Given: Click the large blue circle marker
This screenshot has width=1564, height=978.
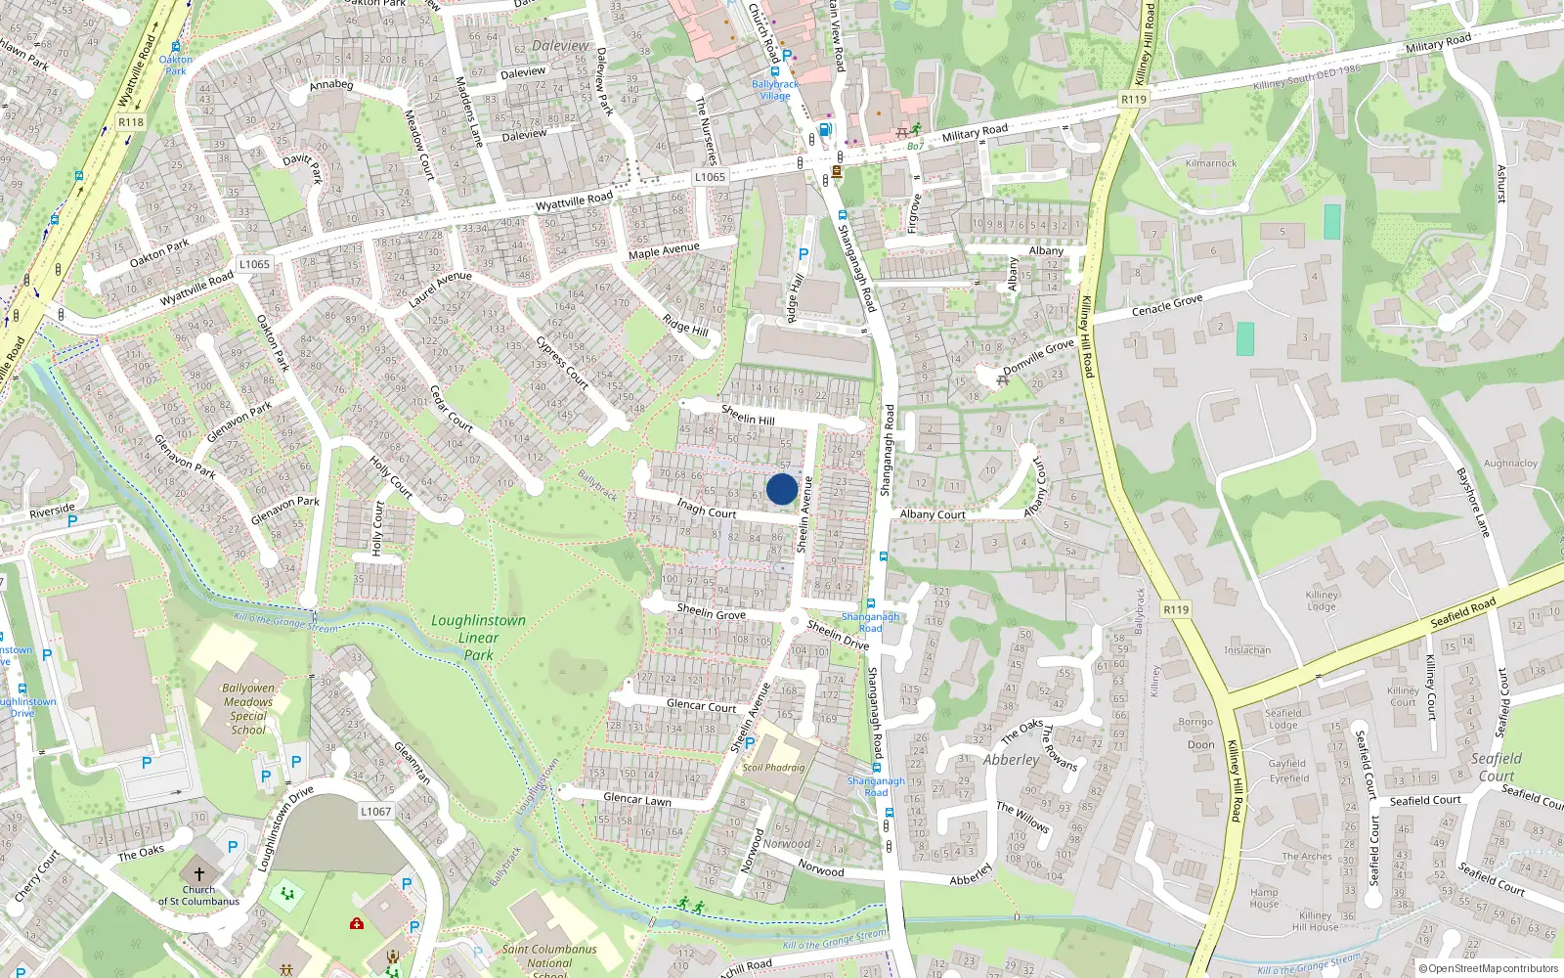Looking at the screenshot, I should coord(782,489).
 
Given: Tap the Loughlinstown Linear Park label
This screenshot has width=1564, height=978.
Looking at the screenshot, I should coord(478,638).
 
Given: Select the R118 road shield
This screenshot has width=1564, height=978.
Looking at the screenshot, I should coord(130,122).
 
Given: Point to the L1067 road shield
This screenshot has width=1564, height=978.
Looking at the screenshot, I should coord(375,811).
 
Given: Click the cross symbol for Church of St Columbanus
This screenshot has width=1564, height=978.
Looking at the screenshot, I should coord(199,873).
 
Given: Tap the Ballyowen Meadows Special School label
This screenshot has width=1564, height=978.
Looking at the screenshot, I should coord(248,709).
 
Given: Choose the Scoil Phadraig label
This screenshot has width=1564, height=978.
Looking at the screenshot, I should coord(773,768).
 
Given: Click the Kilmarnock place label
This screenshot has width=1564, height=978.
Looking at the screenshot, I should coord(1210,163).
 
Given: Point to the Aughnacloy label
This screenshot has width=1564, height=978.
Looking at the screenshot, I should coord(1510,464).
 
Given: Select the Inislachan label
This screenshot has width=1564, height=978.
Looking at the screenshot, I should coord(1247,650).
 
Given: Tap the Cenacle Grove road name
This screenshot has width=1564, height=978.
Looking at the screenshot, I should coord(1167,304).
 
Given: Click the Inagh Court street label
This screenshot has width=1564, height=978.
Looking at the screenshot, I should coord(707,509).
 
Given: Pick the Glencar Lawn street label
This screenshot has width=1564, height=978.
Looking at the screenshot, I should coord(637,799).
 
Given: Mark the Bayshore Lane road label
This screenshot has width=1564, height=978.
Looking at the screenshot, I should coord(1473,502).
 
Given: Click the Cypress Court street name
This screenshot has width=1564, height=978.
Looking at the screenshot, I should coord(562,363).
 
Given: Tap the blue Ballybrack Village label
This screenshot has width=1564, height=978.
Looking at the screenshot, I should coord(775,90).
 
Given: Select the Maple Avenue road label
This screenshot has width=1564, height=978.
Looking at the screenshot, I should coord(664,251).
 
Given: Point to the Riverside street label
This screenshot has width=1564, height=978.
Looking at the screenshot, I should coord(52,511).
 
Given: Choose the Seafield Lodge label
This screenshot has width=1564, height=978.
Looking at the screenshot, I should coord(1283,719).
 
